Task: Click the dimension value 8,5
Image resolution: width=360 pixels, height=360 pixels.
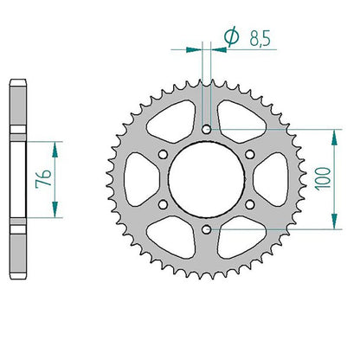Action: coord(260,38)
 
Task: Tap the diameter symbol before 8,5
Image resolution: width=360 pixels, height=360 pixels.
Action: coord(232,36)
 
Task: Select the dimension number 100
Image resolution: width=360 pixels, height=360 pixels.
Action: coord(323,178)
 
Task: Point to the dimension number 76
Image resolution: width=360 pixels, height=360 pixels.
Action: coord(43,179)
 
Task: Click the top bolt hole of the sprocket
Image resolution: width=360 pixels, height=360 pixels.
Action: coord(206,129)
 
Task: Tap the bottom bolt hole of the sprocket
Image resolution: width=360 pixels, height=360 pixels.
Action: coord(206,229)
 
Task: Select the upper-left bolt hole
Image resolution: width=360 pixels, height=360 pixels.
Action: coord(163,154)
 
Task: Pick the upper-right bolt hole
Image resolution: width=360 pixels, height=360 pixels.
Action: coord(250,154)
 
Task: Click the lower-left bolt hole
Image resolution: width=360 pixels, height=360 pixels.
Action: coord(163,204)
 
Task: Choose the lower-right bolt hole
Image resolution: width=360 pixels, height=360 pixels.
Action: coord(250,204)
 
